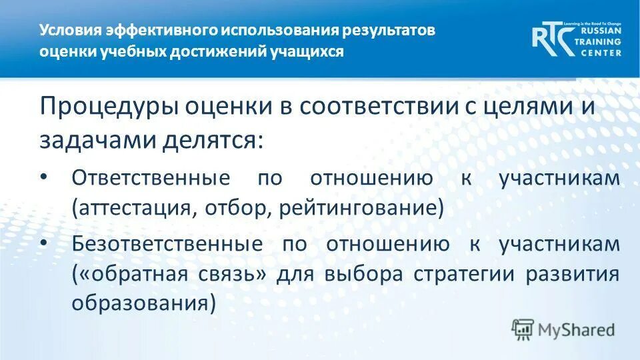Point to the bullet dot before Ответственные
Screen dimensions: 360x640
point(44,177)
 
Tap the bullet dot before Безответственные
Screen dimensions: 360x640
point(44,243)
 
